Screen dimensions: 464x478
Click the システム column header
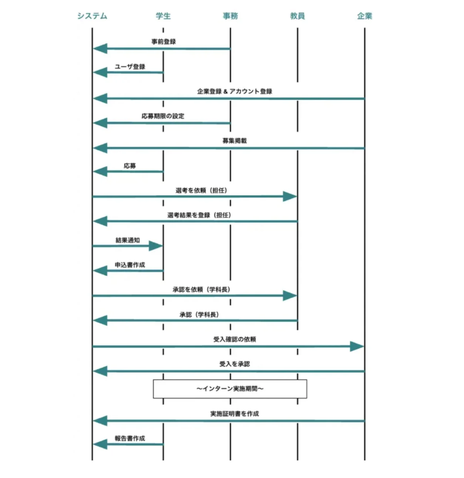click(92, 16)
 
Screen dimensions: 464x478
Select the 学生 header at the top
click(163, 16)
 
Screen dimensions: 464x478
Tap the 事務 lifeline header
click(230, 16)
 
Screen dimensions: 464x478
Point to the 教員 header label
click(297, 16)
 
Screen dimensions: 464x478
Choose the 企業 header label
click(364, 16)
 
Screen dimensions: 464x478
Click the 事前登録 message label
click(164, 41)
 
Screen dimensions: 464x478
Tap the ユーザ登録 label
click(130, 67)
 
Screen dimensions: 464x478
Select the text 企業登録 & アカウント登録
click(235, 91)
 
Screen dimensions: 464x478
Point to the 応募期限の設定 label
click(163, 116)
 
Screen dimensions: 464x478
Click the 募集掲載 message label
click(235, 141)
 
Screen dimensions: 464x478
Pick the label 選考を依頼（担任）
click(201, 190)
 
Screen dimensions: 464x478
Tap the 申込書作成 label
click(130, 265)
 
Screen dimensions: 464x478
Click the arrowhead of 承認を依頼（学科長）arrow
click(290, 295)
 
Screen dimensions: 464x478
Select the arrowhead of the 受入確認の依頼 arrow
click(357, 346)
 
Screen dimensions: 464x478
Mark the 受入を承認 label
click(235, 364)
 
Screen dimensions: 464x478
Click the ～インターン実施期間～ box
click(230, 389)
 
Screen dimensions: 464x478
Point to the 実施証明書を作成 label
click(235, 414)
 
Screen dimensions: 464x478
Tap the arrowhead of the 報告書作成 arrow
click(100, 444)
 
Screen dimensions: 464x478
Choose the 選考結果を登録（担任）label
click(199, 215)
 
